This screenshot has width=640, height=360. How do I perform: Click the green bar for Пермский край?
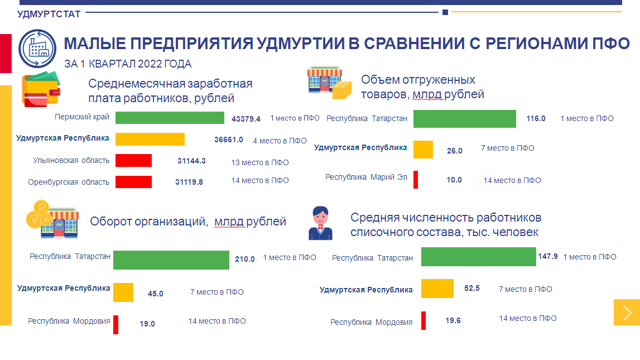click(x=170, y=118)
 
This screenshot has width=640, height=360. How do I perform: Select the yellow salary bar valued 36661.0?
click(x=150, y=139)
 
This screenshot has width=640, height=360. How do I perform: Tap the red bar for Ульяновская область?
click(x=133, y=160)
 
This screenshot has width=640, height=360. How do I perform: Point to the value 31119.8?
click(x=189, y=182)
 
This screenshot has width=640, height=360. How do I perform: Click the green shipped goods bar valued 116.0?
click(x=464, y=119)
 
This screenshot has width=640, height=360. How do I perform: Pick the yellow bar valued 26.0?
click(x=423, y=150)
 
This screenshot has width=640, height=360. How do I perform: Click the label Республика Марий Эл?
click(x=366, y=177)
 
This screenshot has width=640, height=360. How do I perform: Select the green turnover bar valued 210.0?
click(x=171, y=260)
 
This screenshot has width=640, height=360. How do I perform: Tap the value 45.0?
click(x=156, y=294)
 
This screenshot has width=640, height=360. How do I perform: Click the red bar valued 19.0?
click(x=116, y=325)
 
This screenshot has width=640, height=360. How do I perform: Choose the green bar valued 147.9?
click(x=478, y=257)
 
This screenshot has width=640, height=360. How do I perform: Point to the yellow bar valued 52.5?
click(x=437, y=289)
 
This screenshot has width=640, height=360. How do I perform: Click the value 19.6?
click(x=453, y=321)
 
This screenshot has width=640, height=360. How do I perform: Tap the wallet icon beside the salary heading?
click(x=41, y=90)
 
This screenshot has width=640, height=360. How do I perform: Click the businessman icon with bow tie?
click(x=320, y=223)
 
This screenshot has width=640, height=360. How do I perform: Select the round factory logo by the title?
click(x=37, y=49)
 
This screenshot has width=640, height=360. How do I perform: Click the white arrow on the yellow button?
click(x=627, y=313)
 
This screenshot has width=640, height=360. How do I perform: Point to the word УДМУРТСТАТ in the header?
click(x=49, y=15)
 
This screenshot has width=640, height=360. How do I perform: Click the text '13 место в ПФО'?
click(x=260, y=162)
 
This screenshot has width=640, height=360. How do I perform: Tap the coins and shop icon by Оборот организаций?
click(x=52, y=219)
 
